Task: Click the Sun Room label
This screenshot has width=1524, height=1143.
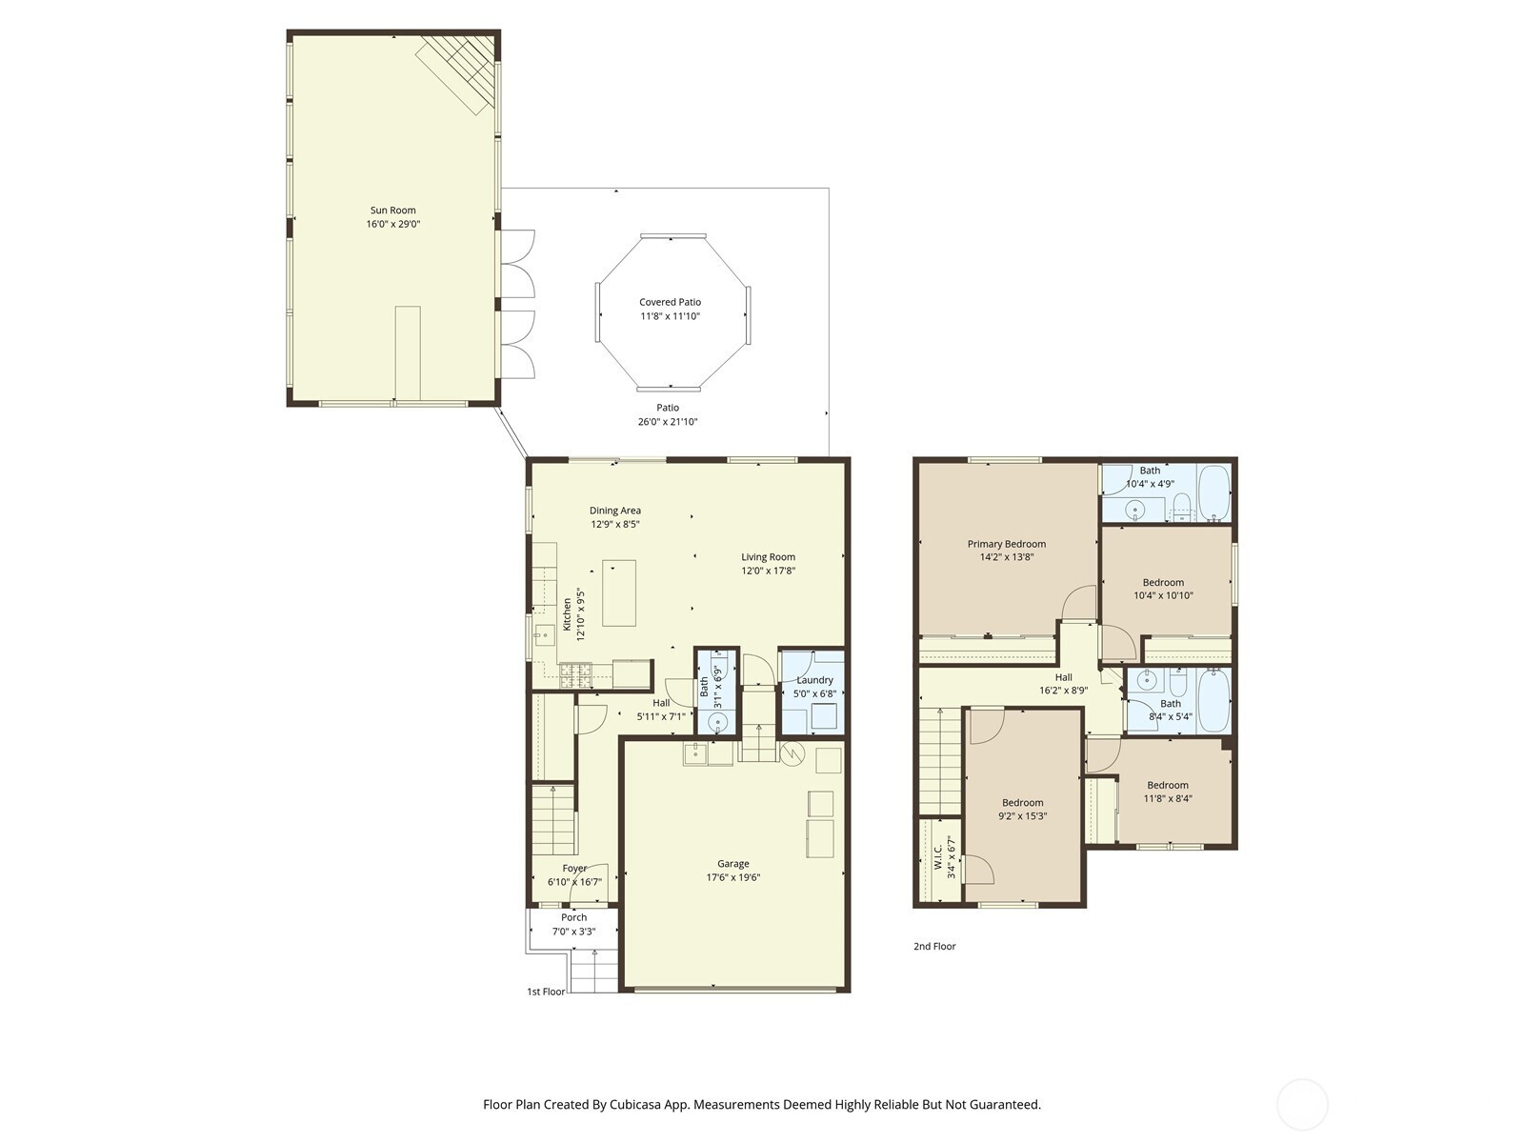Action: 393,211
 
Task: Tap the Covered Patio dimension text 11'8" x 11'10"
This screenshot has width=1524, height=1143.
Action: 670,316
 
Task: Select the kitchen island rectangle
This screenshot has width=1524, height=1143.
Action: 618,592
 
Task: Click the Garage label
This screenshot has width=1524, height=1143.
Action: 733,863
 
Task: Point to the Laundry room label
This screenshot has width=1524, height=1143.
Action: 815,680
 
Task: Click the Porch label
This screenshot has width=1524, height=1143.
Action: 574,917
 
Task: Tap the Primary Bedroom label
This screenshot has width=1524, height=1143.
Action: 1007,544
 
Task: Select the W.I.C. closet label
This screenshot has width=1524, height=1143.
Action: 938,857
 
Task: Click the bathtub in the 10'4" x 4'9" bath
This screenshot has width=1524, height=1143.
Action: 1213,493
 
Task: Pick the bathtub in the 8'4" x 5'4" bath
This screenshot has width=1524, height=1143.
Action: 1213,700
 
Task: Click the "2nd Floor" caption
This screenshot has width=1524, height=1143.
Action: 934,947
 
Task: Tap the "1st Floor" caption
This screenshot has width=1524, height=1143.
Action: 546,992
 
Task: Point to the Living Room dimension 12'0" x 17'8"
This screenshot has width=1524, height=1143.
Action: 768,571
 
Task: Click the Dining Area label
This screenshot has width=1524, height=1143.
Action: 615,511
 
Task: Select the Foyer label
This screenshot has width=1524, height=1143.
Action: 575,868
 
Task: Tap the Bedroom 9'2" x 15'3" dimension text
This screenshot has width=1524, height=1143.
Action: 1023,817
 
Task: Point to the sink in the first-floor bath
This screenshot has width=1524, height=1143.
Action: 718,724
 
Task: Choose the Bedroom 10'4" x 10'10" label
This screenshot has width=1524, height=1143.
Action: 1164,583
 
